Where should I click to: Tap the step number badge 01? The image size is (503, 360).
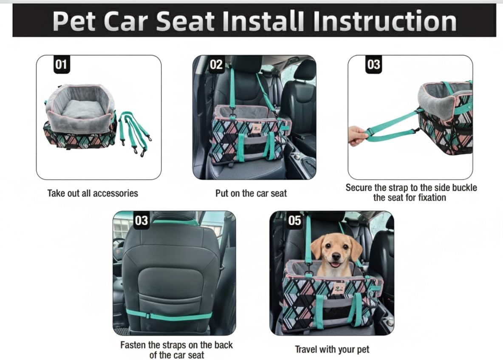61,65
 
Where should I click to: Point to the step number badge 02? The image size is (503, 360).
216,65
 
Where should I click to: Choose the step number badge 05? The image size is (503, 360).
294,221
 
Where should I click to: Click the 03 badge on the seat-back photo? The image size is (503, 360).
141,221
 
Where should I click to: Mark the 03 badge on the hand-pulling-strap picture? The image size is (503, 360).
373,65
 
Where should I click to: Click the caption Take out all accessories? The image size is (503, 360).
93,193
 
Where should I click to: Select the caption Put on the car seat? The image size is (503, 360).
251,193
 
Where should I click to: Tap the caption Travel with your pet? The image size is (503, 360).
332,349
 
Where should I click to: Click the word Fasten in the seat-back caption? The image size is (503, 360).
135,345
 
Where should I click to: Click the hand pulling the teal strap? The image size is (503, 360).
357,135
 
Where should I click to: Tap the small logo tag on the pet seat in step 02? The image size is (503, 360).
256,128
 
